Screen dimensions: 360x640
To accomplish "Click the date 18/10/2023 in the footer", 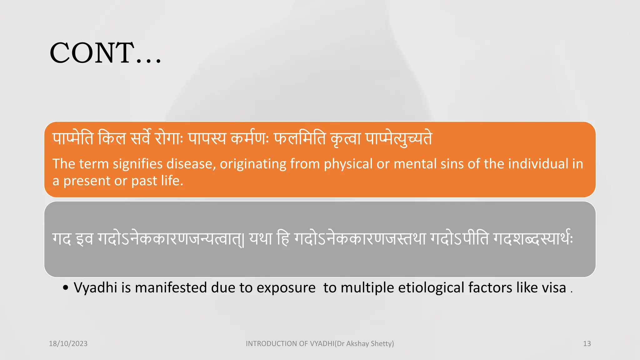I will tap(68, 343).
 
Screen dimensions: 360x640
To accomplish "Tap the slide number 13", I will tap(587, 343).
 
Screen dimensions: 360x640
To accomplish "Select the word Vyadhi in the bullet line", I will tap(95, 288).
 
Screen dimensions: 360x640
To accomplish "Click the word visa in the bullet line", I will tap(554, 288).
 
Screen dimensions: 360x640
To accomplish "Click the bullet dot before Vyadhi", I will tap(65, 288).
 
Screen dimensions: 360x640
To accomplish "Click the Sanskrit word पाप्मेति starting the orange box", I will tap(73, 138).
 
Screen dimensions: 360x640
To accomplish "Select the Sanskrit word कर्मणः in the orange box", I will tap(249, 138).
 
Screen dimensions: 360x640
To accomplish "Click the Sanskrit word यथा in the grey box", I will tap(260, 239).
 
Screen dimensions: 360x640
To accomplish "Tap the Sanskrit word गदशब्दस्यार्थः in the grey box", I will tap(533, 239).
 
